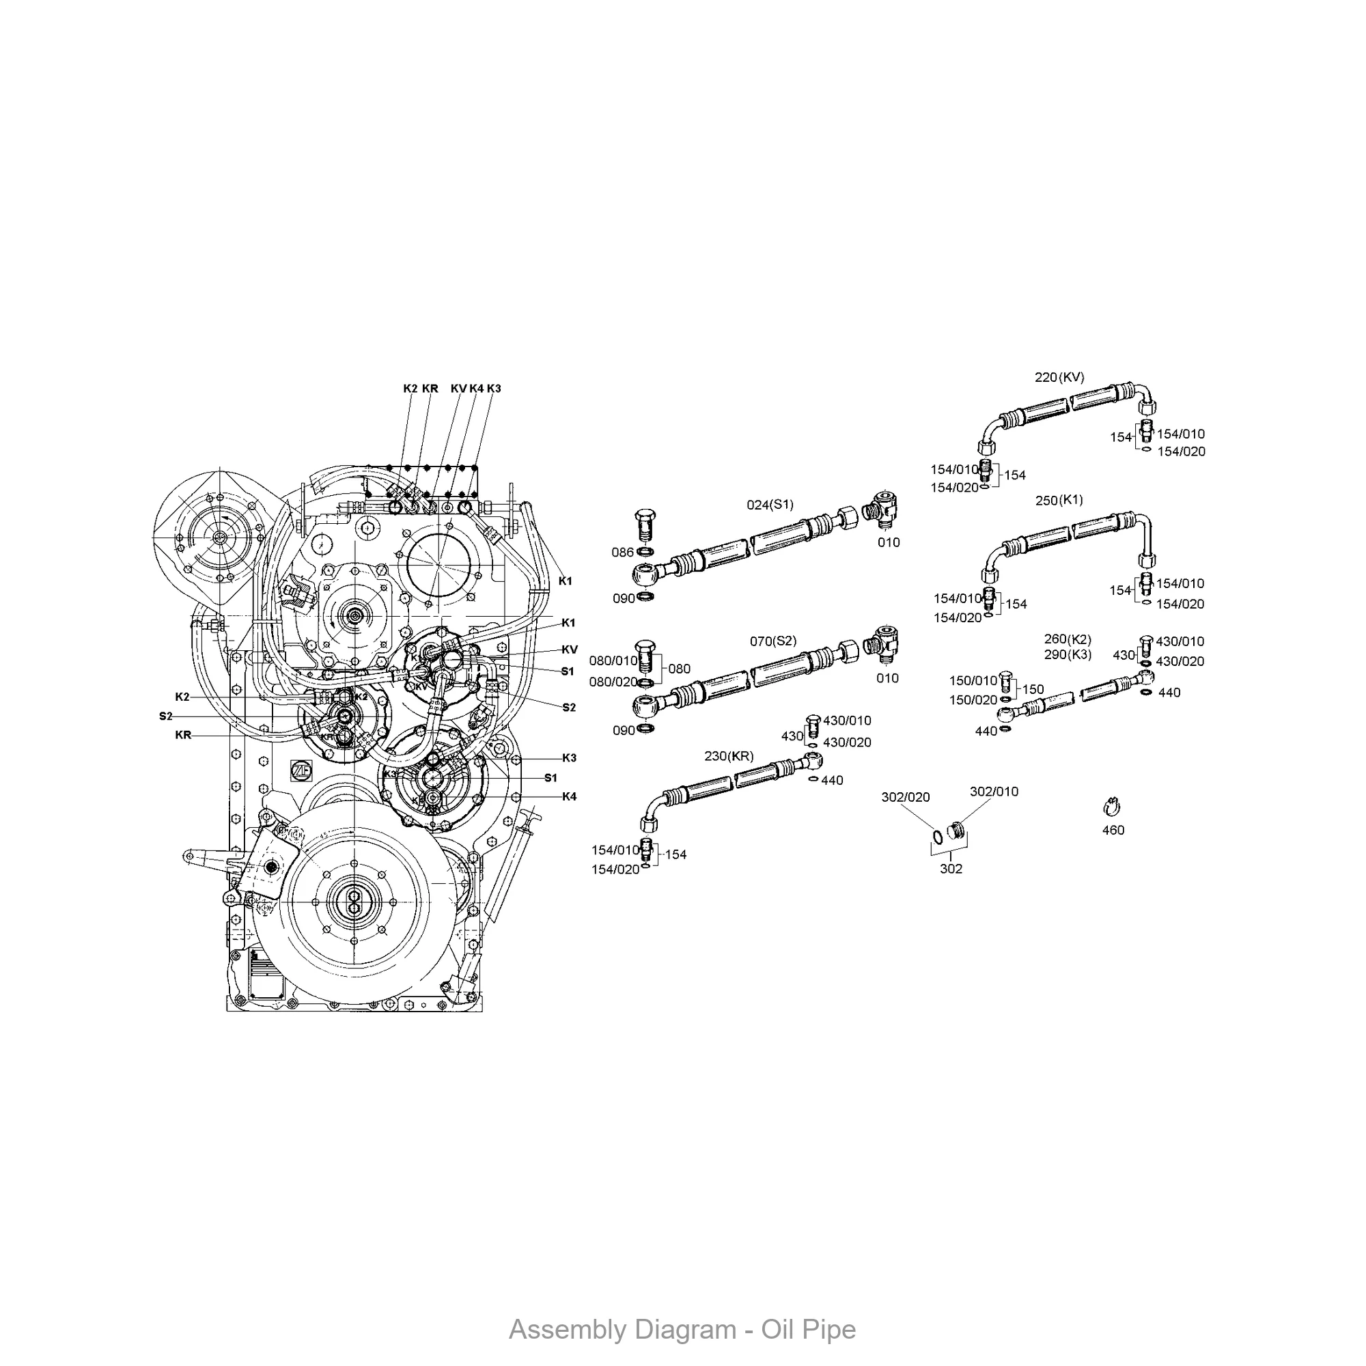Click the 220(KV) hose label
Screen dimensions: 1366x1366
1059,378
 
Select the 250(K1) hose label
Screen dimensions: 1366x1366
1059,501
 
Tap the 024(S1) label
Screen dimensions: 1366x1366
770,505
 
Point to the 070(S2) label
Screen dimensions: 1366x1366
772,641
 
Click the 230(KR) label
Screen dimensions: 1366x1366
729,757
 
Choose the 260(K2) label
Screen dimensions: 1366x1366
1067,640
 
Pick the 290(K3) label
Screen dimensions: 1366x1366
1067,655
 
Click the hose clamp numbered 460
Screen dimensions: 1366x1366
1113,807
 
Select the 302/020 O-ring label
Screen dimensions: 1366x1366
905,798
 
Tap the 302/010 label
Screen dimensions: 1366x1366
993,792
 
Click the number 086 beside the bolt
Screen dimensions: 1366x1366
622,552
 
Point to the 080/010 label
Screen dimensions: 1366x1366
613,661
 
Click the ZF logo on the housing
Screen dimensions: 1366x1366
301,770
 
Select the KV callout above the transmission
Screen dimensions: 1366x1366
458,389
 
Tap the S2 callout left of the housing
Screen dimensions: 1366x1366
165,716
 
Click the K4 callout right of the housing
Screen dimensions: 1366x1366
569,797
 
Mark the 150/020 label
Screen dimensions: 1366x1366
973,700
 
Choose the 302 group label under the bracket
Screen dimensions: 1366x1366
950,869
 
